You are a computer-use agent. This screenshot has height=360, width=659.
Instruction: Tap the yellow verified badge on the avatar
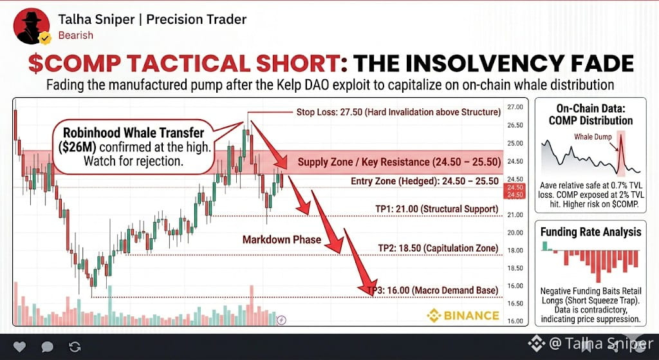[x=44, y=38]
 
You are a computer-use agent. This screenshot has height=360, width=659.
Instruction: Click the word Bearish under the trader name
[x=76, y=35]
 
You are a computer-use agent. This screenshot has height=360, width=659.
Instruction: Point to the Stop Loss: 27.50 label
[x=398, y=112]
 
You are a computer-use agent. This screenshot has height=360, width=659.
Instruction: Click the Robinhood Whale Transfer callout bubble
[x=134, y=147]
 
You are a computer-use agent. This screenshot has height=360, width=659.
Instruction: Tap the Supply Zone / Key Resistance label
[x=399, y=162]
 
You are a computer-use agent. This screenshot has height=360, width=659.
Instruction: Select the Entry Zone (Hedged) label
[x=425, y=181]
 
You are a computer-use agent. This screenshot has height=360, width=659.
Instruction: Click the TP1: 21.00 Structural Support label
[x=437, y=209]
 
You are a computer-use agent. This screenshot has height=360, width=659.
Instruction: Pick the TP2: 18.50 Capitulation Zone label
[x=438, y=248]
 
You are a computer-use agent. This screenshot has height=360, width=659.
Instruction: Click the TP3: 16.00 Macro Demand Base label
[x=433, y=290]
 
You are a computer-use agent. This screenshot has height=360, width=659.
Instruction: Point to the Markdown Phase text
[x=282, y=240]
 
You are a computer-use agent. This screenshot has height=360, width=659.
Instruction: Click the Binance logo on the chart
[x=463, y=316]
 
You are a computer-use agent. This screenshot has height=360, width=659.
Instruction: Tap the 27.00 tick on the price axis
[x=515, y=108]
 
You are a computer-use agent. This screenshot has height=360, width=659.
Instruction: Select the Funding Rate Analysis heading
[x=591, y=232]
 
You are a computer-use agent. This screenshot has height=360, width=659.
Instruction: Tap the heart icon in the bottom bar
[x=19, y=346]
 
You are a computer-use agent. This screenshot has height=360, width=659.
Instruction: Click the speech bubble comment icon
[x=47, y=346]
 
